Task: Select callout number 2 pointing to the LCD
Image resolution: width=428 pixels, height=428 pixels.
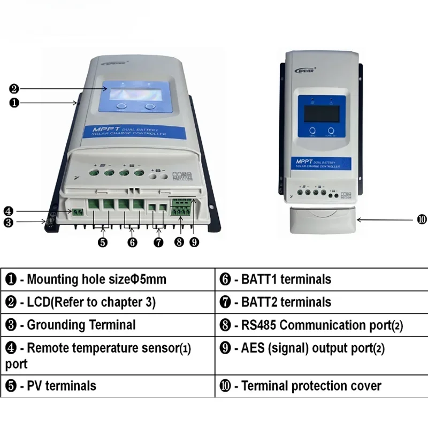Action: pyautogui.click(x=14, y=89)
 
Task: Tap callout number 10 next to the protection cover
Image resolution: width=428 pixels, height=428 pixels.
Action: pyautogui.click(x=422, y=219)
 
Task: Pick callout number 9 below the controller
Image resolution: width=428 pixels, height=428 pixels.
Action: pyautogui.click(x=194, y=242)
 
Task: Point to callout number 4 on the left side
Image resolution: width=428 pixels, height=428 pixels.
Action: pyautogui.click(x=8, y=210)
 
